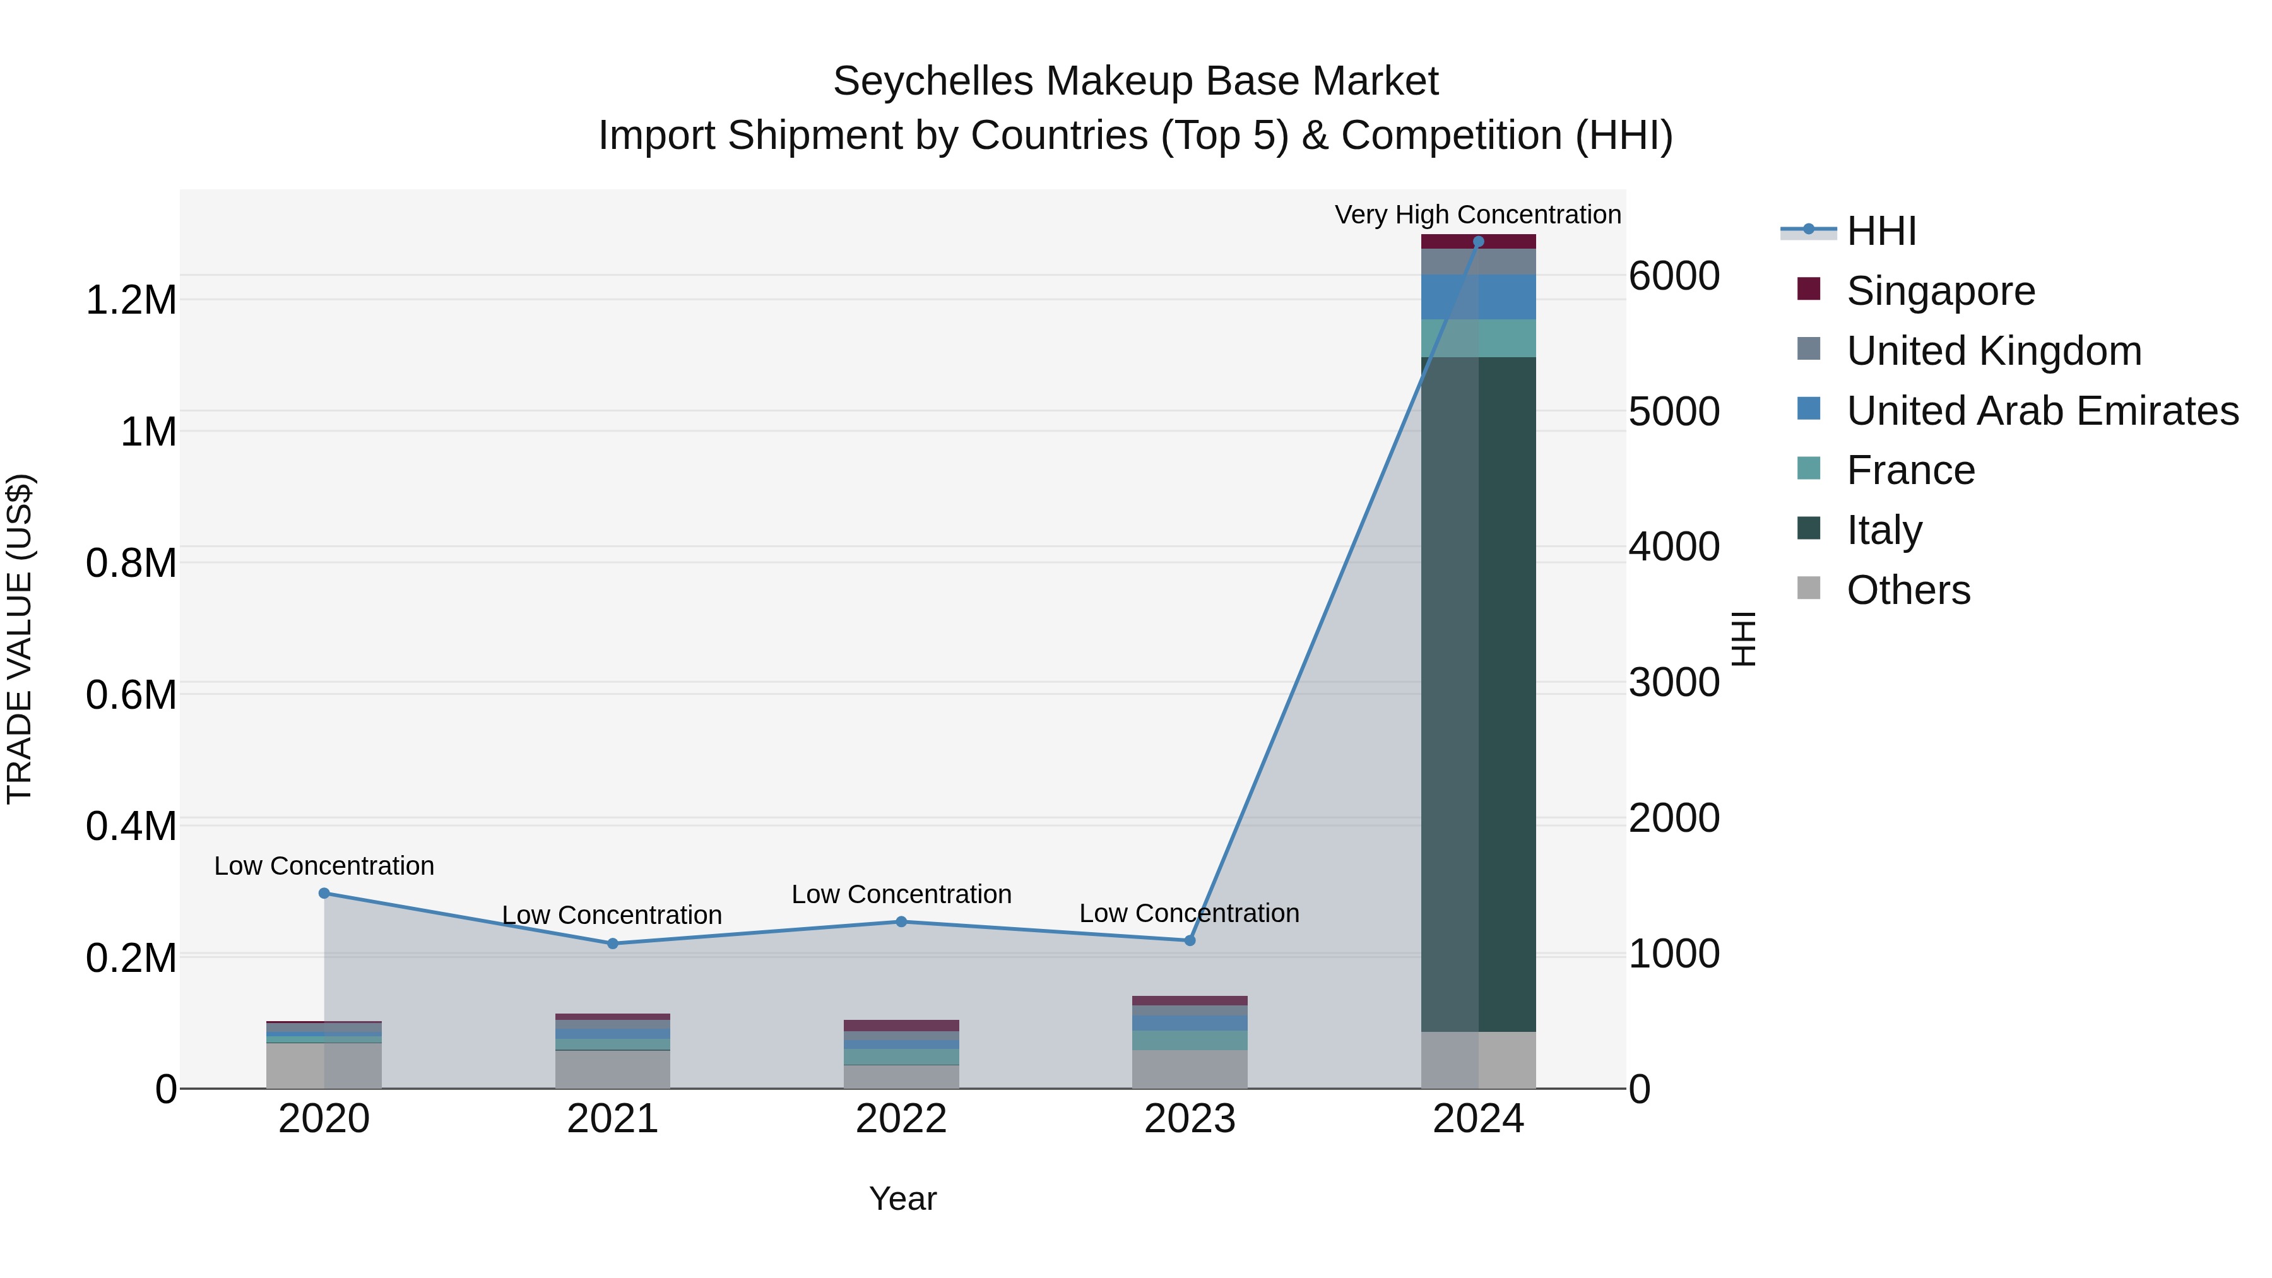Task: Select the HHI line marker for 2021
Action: pyautogui.click(x=612, y=944)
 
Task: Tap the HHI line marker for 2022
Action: pyautogui.click(x=901, y=921)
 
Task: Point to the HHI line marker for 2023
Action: pyautogui.click(x=1189, y=940)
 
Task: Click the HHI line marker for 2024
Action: pyautogui.click(x=1478, y=242)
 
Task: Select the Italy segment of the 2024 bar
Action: pyautogui.click(x=1478, y=694)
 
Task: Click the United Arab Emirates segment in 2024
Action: pyautogui.click(x=1478, y=297)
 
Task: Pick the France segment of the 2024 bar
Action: pyautogui.click(x=1478, y=339)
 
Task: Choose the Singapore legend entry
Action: pyautogui.click(x=1941, y=291)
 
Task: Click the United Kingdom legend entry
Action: pyautogui.click(x=1993, y=351)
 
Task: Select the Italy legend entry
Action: pyautogui.click(x=1884, y=530)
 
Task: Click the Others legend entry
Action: pyautogui.click(x=1908, y=590)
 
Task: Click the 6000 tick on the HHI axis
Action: pyautogui.click(x=1673, y=276)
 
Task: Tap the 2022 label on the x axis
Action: pyautogui.click(x=901, y=1119)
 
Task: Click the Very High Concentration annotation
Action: pyautogui.click(x=1477, y=215)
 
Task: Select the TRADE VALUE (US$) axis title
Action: pyautogui.click(x=20, y=639)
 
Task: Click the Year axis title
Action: pyautogui.click(x=902, y=1198)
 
